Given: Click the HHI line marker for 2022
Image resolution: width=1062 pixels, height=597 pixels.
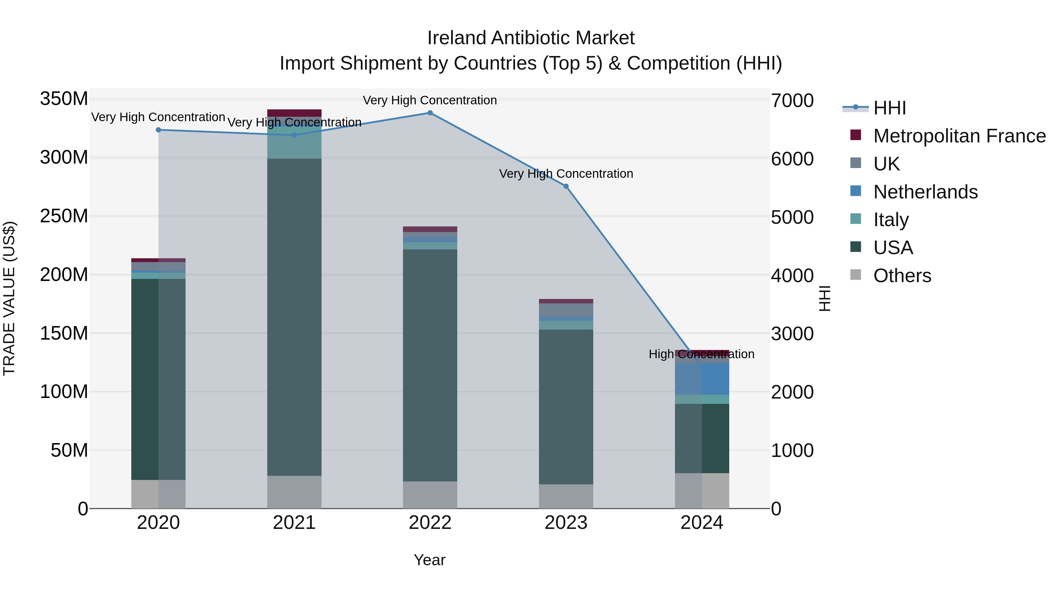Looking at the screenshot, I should pos(430,113).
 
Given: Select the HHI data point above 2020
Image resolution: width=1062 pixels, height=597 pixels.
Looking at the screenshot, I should pos(158,130).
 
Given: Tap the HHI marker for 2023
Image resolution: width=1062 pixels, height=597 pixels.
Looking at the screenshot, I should pos(566,186).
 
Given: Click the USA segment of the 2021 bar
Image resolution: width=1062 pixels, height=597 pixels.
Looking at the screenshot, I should pos(294,317).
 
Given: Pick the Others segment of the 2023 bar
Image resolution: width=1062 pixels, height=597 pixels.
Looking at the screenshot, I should pos(566,496).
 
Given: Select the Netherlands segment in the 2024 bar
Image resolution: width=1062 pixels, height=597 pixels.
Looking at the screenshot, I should pos(702,379).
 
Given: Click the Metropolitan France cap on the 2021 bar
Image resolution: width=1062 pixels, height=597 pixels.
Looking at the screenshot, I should pos(294,113).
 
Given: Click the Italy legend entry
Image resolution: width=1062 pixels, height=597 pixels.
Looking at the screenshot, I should pos(891,220).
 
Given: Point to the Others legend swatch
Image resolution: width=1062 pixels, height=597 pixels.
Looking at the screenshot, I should pos(856,275).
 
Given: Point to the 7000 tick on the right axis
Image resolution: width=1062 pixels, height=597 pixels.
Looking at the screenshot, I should pos(792,101).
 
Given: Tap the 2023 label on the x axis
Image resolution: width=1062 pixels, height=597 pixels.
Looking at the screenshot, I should pos(566,523).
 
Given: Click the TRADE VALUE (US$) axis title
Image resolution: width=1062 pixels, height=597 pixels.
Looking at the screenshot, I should pos(9,298).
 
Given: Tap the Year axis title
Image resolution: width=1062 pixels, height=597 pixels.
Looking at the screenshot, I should pos(430,560).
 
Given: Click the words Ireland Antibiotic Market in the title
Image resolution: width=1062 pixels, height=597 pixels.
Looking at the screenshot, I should pos(531,38).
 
